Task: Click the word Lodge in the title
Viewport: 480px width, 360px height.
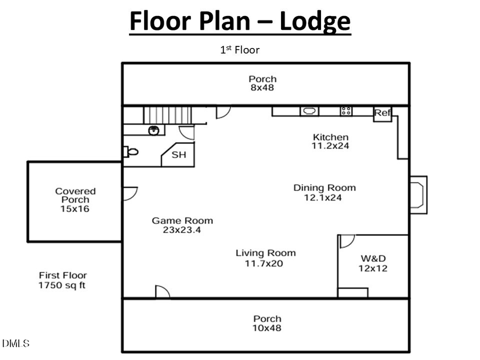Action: (x=315, y=21)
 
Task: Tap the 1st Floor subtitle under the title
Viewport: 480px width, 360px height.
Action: (x=239, y=50)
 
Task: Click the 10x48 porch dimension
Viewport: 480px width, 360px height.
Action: (x=267, y=329)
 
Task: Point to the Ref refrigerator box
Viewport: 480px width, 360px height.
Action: (x=382, y=113)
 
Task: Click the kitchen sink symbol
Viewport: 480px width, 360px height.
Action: (x=309, y=111)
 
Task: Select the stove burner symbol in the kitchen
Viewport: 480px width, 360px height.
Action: (x=346, y=111)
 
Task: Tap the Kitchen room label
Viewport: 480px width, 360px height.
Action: (x=330, y=137)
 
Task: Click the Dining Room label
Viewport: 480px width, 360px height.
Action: (x=324, y=188)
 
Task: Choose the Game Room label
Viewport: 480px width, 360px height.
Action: (x=182, y=221)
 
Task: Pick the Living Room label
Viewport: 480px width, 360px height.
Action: (x=266, y=253)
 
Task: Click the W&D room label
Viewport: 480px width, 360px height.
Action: (x=372, y=259)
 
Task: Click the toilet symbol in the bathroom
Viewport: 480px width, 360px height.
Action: (x=131, y=152)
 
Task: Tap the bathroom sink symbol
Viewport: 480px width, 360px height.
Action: (x=155, y=130)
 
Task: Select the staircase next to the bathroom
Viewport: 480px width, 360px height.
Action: (x=167, y=115)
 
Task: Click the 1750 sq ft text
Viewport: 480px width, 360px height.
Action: (x=62, y=285)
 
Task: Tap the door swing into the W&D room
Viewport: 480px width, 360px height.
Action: (x=347, y=241)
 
